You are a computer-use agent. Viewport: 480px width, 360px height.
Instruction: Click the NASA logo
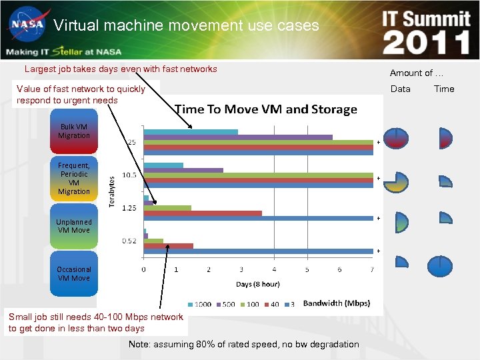26,26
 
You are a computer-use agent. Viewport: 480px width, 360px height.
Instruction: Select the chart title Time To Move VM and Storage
265,109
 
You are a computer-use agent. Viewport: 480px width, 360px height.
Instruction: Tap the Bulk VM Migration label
73,131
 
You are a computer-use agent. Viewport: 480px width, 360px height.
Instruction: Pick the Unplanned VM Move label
73,226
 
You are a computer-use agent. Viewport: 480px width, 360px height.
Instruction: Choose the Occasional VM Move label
73,274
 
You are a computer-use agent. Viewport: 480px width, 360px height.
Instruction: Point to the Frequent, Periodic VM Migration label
73,178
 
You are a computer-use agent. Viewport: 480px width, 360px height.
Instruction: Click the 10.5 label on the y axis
129,175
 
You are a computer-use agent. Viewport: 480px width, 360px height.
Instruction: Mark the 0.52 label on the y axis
129,241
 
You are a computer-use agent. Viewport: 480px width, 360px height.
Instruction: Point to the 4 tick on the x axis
275,270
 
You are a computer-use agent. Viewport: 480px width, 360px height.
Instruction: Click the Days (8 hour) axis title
257,284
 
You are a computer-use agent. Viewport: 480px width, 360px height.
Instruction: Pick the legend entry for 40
271,304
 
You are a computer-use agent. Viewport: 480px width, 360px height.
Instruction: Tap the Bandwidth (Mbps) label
336,303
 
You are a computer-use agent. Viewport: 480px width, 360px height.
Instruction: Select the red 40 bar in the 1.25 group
203,213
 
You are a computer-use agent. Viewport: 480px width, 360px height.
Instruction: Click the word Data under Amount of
400,89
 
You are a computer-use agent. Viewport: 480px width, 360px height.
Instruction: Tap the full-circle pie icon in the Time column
439,266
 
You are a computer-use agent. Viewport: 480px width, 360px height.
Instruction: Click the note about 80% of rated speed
243,345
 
